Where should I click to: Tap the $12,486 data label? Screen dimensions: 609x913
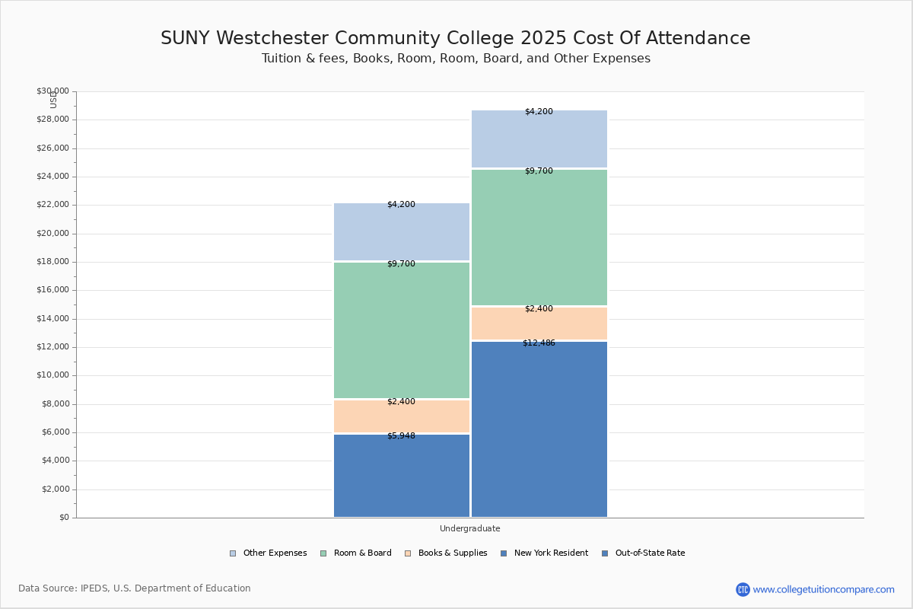coord(539,343)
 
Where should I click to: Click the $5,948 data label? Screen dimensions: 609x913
coord(401,436)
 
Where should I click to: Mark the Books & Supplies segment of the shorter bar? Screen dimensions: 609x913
coord(402,417)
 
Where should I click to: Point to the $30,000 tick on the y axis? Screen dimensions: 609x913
coord(52,91)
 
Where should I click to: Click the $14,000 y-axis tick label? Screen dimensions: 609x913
coord(52,319)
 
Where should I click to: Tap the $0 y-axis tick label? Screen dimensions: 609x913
coord(63,518)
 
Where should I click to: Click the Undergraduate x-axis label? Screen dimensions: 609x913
coord(469,528)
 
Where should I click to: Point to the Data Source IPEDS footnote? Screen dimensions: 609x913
coord(135,588)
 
